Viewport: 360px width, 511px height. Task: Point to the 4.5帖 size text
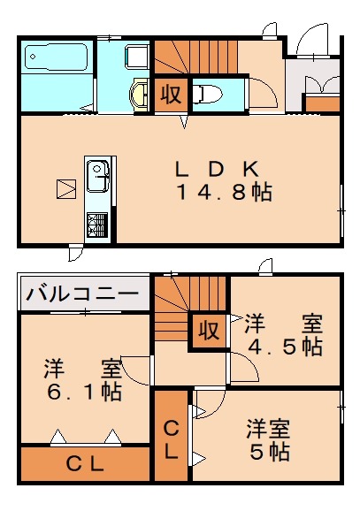(284, 347)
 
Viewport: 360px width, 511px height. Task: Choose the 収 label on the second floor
(209, 332)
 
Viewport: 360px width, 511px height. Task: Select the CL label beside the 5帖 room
(171, 439)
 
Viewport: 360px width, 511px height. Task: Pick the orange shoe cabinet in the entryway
(322, 103)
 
